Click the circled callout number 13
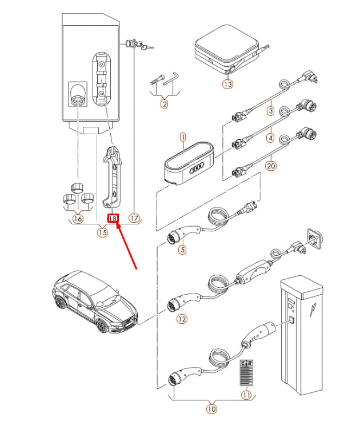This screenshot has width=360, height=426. click(228, 84)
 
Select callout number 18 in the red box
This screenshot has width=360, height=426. click(113, 218)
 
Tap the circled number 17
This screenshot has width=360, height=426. click(134, 218)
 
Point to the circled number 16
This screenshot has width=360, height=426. click(78, 219)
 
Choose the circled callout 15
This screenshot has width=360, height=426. click(102, 232)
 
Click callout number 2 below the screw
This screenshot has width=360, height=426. click(164, 103)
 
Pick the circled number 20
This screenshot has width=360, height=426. click(271, 166)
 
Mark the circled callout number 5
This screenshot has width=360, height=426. click(182, 250)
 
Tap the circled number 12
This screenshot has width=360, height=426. click(182, 319)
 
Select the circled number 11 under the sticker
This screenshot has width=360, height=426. click(246, 395)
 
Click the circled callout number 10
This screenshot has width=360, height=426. click(211, 409)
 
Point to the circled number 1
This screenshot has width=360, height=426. click(183, 137)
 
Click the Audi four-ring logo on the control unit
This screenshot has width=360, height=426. click(197, 168)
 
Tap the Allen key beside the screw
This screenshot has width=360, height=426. click(170, 79)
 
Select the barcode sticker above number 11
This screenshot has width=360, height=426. click(246, 372)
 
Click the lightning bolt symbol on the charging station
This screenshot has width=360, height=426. click(313, 310)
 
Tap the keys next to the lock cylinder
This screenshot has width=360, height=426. click(145, 46)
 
